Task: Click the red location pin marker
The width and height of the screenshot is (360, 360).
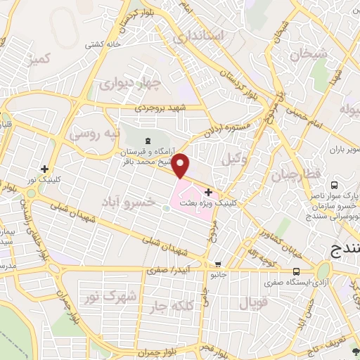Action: (182, 166)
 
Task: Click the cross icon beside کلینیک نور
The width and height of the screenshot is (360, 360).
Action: (45, 169)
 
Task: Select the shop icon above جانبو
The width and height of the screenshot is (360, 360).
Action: (219, 264)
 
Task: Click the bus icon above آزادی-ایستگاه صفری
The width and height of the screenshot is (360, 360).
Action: (297, 271)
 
